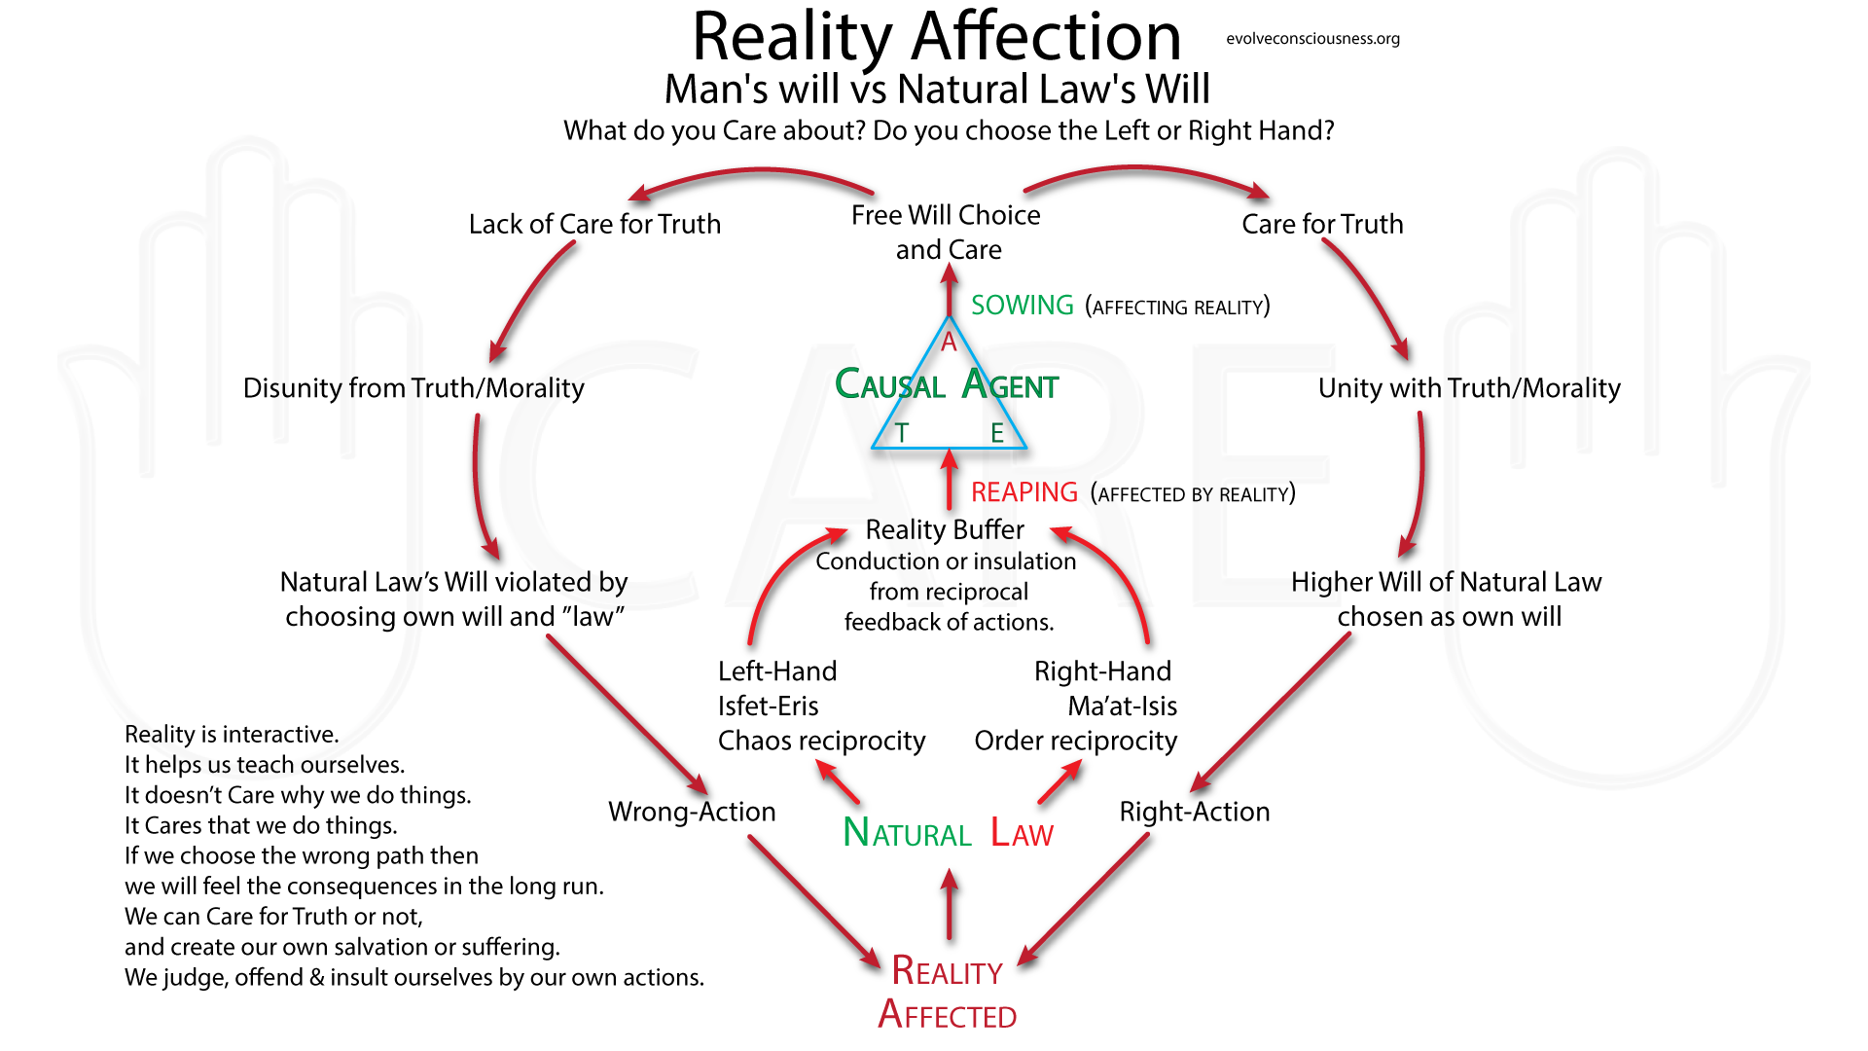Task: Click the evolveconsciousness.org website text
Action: [1312, 39]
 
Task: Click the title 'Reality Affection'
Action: [936, 37]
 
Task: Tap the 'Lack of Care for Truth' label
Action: [594, 224]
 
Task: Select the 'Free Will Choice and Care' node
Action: [947, 232]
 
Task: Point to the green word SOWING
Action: [1022, 306]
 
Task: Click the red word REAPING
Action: [1024, 492]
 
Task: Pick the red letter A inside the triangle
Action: [949, 342]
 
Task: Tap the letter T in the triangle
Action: [902, 433]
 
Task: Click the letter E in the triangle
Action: [997, 433]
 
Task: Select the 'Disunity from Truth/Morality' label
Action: [413, 388]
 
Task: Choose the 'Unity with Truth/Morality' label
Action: [1469, 388]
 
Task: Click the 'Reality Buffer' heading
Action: [945, 529]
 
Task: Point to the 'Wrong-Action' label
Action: [692, 812]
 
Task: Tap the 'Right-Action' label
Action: [1195, 812]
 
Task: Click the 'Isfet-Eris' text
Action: [768, 706]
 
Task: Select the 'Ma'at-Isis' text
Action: [1122, 706]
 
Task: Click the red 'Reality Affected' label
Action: [947, 993]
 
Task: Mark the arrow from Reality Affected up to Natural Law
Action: [950, 905]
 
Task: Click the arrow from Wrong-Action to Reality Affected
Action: [812, 900]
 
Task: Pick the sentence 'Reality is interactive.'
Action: [232, 734]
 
